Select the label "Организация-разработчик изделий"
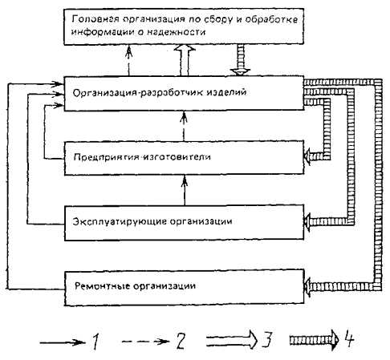pos(159,92)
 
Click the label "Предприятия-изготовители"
pos(142,156)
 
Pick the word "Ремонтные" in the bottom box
pos(102,285)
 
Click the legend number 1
pos(95,341)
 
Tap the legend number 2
pos(181,341)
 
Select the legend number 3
pos(267,339)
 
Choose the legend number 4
pos(350,338)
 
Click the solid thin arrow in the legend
pos(63,342)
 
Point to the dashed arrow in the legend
pos(146,342)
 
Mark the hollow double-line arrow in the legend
pos(232,340)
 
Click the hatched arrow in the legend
pos(315,340)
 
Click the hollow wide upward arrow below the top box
pos(185,60)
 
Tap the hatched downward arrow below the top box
pos(241,60)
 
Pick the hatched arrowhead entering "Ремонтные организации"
pos(309,287)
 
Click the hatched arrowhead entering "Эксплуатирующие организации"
pos(309,221)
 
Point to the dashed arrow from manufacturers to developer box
pos(184,126)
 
